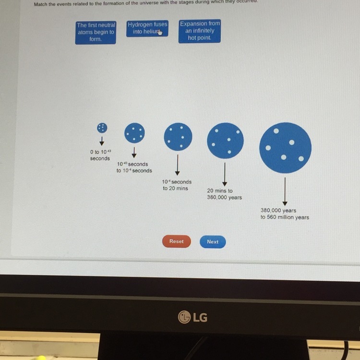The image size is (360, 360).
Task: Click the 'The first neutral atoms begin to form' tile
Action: click(x=96, y=32)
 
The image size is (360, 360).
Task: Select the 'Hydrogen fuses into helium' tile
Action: click(x=147, y=28)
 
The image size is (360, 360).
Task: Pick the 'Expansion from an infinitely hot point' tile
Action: click(x=200, y=31)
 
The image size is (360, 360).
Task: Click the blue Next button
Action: click(x=213, y=242)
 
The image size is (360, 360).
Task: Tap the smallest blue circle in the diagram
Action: click(x=102, y=127)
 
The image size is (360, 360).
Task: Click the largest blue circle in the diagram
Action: click(x=285, y=147)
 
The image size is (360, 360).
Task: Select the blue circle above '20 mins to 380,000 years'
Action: click(x=225, y=141)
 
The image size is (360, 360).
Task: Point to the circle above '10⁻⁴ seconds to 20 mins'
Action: click(x=178, y=136)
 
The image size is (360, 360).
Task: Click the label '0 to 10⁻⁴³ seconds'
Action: click(x=100, y=155)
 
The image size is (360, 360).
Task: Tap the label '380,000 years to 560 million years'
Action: click(x=285, y=214)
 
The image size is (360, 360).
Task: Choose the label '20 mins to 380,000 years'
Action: click(x=224, y=194)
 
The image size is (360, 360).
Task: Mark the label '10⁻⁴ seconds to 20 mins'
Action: click(x=177, y=185)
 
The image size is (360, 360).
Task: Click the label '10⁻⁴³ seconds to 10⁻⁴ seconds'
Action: click(x=134, y=168)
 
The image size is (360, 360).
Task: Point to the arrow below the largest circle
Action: click(x=285, y=191)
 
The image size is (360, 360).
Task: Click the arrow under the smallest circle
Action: click(x=102, y=141)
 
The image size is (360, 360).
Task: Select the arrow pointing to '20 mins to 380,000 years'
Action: click(x=225, y=175)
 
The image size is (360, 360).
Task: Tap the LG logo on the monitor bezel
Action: click(x=192, y=316)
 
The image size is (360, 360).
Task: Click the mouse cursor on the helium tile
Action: click(x=160, y=33)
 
